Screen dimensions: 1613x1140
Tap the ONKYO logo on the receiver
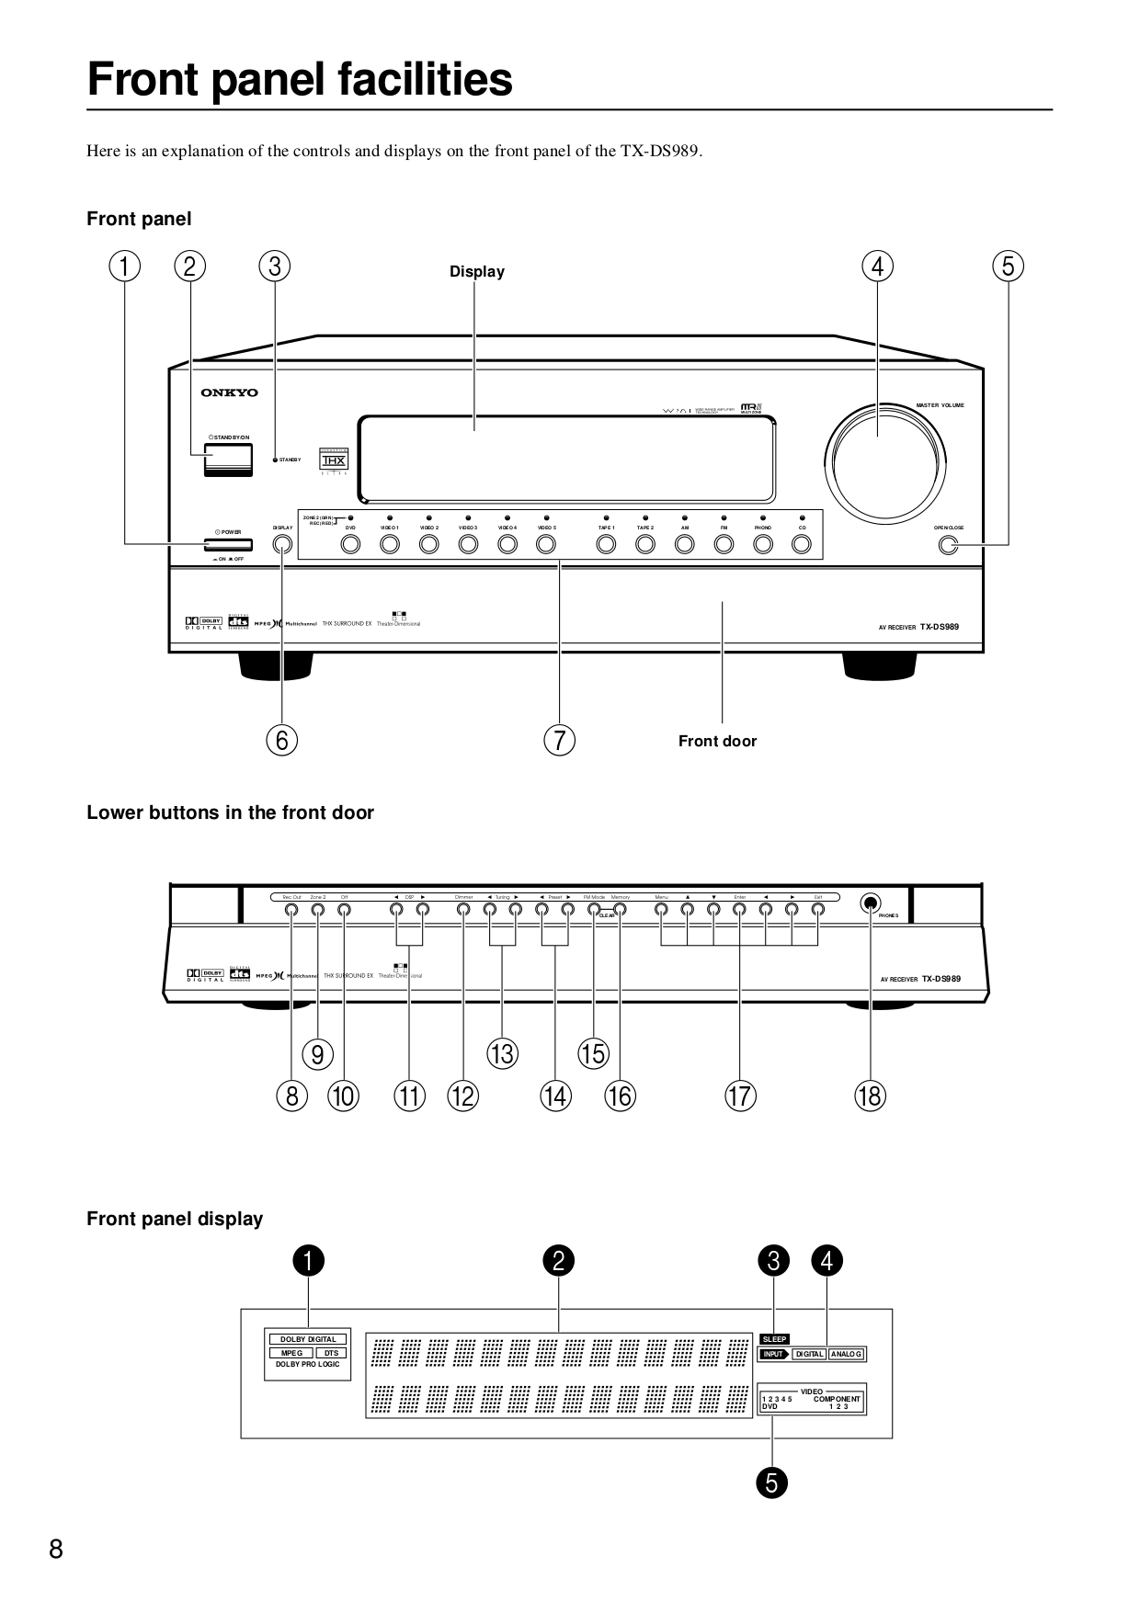pyautogui.click(x=230, y=393)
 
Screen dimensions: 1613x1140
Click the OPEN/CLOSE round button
pyautogui.click(x=948, y=545)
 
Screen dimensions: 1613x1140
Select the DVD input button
pyautogui.click(x=350, y=544)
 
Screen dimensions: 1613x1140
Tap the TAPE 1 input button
pyautogui.click(x=606, y=544)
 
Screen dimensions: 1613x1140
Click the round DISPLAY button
pyautogui.click(x=282, y=544)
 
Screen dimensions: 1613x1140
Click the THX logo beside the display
pyautogui.click(x=333, y=460)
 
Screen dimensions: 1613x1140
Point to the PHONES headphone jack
pyautogui.click(x=870, y=903)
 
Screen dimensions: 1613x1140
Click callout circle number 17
pyautogui.click(x=740, y=1096)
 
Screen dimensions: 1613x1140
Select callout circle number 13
pyautogui.click(x=502, y=1053)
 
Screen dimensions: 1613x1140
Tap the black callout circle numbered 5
pyautogui.click(x=772, y=1482)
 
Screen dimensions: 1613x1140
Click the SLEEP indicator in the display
pyautogui.click(x=774, y=1339)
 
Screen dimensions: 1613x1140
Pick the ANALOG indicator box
pyautogui.click(x=846, y=1354)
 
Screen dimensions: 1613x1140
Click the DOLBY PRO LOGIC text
pyautogui.click(x=308, y=1365)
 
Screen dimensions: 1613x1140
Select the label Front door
pyautogui.click(x=717, y=741)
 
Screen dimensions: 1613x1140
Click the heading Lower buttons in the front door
pyautogui.click(x=230, y=812)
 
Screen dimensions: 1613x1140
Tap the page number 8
pyautogui.click(x=56, y=1551)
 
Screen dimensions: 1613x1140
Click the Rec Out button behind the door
pyautogui.click(x=291, y=910)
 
